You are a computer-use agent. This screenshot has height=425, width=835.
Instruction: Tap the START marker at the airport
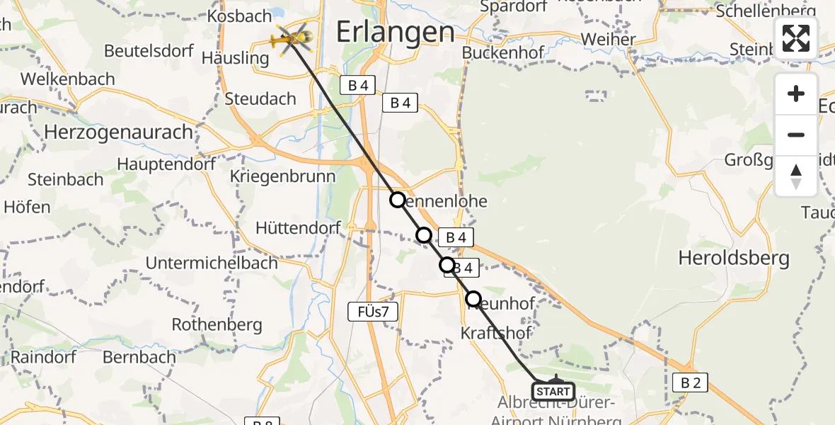pyautogui.click(x=553, y=391)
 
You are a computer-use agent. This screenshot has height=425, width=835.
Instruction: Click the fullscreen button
pyautogui.click(x=796, y=38)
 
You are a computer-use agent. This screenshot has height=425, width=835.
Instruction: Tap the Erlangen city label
pyautogui.click(x=394, y=32)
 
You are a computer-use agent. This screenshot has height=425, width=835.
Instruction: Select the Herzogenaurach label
pyautogui.click(x=118, y=132)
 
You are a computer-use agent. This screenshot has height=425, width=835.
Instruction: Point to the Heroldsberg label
pyautogui.click(x=734, y=258)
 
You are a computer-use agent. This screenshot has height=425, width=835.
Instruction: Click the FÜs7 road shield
pyautogui.click(x=374, y=310)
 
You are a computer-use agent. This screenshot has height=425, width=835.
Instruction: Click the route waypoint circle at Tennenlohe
pyautogui.click(x=398, y=200)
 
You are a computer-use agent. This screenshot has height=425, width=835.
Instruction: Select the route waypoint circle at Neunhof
pyautogui.click(x=473, y=299)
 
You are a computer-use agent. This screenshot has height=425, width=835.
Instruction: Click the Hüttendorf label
pyautogui.click(x=298, y=228)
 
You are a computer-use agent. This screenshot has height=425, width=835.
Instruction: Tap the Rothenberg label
pyautogui.click(x=217, y=325)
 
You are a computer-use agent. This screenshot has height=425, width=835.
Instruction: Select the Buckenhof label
pyautogui.click(x=503, y=53)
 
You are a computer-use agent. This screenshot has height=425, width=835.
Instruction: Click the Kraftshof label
pyautogui.click(x=496, y=332)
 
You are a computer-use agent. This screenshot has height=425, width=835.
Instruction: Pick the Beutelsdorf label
pyautogui.click(x=149, y=51)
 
